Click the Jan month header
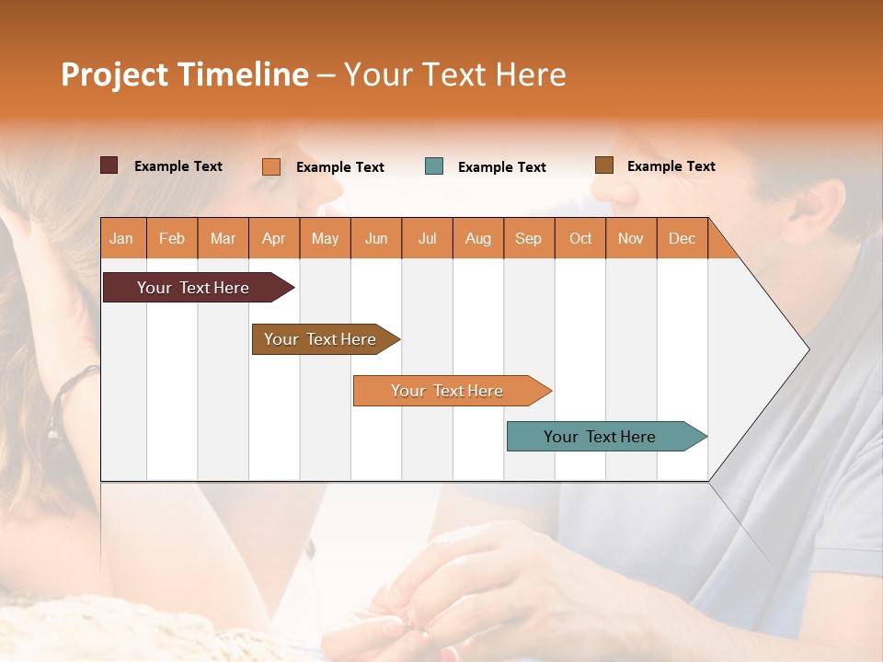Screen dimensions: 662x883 click(x=121, y=238)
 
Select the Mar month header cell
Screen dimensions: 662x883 click(x=223, y=238)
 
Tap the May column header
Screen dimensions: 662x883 click(x=325, y=238)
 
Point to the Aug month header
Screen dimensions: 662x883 click(x=477, y=238)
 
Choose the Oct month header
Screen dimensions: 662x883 click(x=580, y=238)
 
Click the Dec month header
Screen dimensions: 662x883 click(x=682, y=238)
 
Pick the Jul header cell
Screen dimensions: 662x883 click(x=427, y=238)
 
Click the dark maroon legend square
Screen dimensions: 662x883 click(x=109, y=165)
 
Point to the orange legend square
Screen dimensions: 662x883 click(x=271, y=166)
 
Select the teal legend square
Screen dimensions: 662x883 click(x=434, y=166)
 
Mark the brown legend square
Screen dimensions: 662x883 click(x=603, y=165)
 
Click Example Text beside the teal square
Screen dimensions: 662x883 click(x=502, y=167)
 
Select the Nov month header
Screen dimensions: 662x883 click(x=631, y=238)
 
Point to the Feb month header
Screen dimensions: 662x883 click(x=172, y=238)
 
